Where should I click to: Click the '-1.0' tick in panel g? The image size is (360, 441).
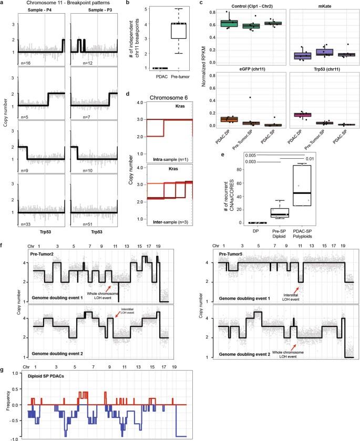point(18,437)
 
